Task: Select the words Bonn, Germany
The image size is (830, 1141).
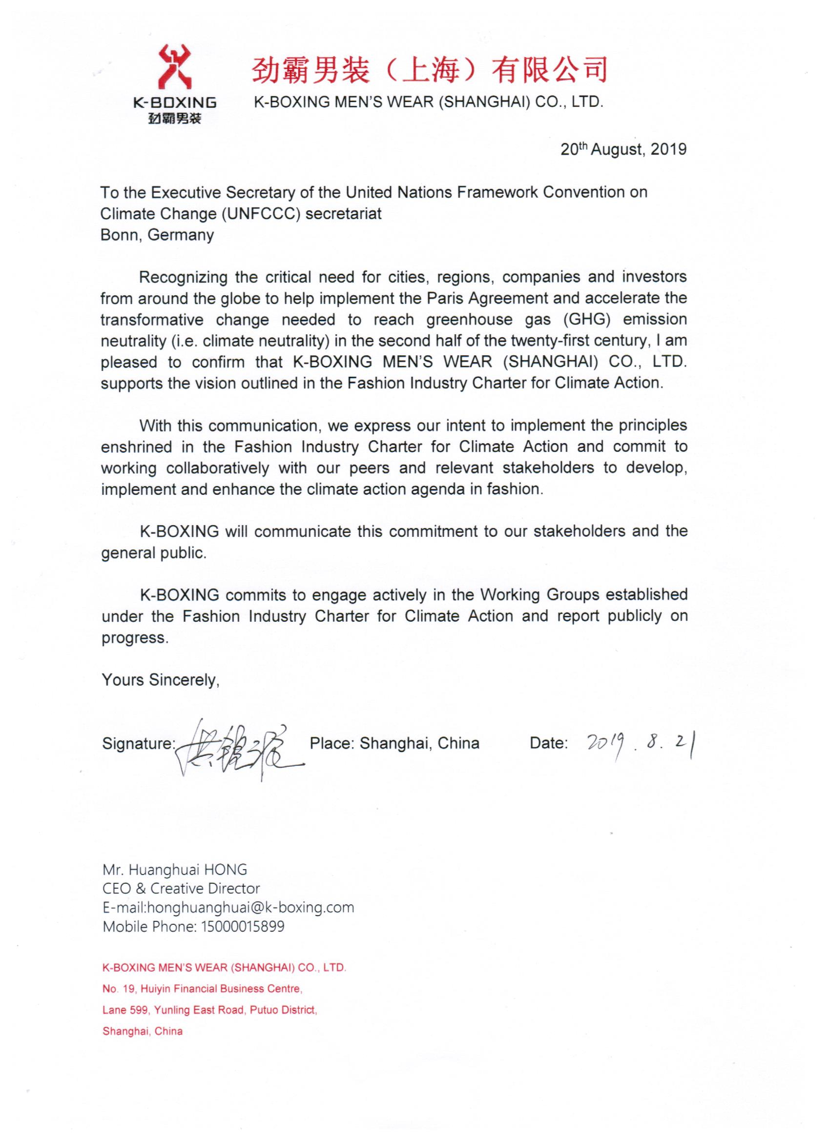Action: [x=157, y=235]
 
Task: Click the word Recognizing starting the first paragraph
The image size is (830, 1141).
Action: [x=183, y=277]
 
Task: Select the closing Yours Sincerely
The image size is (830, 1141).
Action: [x=160, y=680]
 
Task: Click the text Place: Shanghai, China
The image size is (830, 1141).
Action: [x=394, y=744]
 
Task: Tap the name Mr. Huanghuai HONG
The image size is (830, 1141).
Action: [x=175, y=869]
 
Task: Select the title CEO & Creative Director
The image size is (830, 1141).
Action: [x=181, y=889]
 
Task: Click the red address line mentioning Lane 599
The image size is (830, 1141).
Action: [x=209, y=1010]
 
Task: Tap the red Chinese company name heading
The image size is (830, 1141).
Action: [x=429, y=70]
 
